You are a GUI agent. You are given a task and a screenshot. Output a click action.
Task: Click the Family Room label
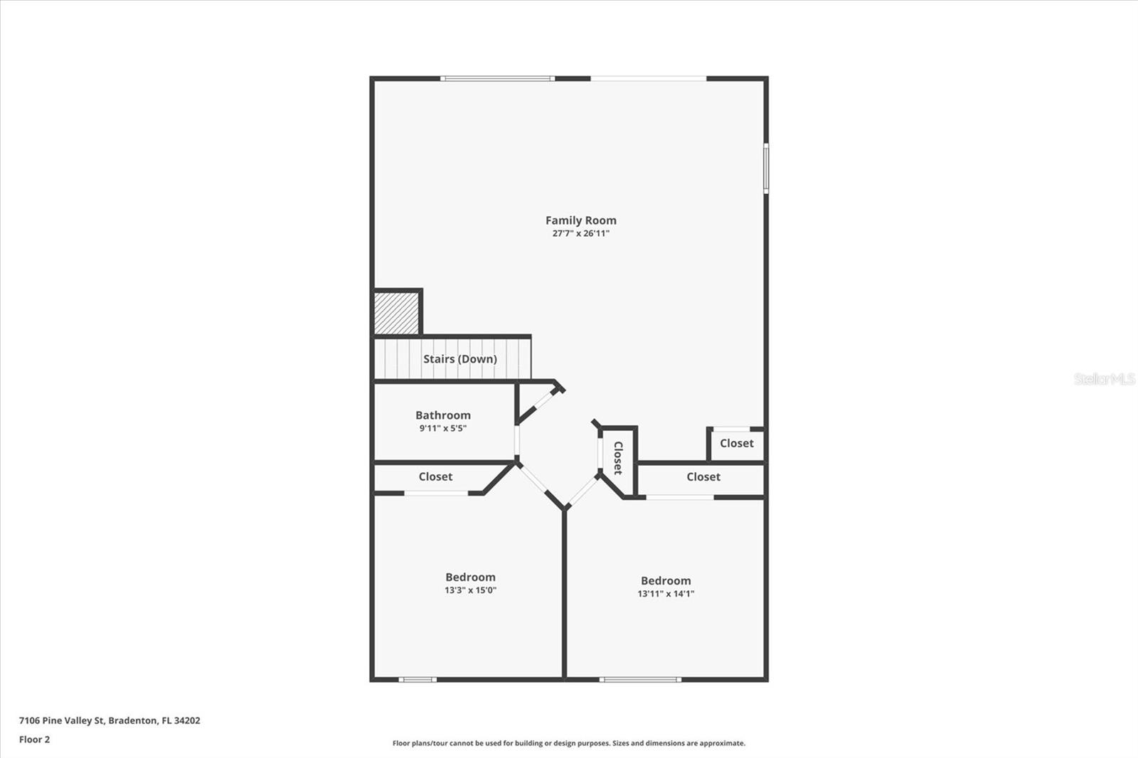pyautogui.click(x=580, y=220)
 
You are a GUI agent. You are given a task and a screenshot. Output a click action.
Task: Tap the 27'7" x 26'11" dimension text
pyautogui.click(x=580, y=233)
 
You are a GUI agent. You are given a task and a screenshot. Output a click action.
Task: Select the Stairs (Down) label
pyautogui.click(x=459, y=359)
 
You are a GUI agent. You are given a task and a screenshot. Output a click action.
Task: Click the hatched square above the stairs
pyautogui.click(x=396, y=314)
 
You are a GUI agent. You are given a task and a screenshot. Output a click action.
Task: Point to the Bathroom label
pyautogui.click(x=442, y=415)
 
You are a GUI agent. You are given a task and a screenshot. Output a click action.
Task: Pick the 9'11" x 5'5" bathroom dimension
pyautogui.click(x=442, y=428)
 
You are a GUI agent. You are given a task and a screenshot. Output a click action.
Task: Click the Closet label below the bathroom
pyautogui.click(x=435, y=476)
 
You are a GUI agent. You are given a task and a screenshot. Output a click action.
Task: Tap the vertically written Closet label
pyautogui.click(x=617, y=458)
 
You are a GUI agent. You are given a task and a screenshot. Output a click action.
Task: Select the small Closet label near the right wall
pyautogui.click(x=736, y=443)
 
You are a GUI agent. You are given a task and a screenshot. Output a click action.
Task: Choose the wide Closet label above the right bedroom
pyautogui.click(x=703, y=476)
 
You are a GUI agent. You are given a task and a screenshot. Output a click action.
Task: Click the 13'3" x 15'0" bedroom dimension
pyautogui.click(x=470, y=590)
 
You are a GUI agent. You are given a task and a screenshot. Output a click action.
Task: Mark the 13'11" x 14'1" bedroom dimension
pyautogui.click(x=665, y=594)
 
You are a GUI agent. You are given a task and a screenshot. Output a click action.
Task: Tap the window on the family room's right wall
pyautogui.click(x=766, y=168)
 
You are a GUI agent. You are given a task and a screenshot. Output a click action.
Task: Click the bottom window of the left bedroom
pyautogui.click(x=418, y=680)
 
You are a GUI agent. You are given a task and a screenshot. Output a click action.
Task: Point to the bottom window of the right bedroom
pyautogui.click(x=640, y=680)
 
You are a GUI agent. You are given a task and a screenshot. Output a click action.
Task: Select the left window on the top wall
pyautogui.click(x=497, y=78)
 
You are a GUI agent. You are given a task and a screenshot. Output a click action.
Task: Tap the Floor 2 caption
pyautogui.click(x=34, y=740)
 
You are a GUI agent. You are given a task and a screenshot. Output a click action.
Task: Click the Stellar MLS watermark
pyautogui.click(x=1104, y=379)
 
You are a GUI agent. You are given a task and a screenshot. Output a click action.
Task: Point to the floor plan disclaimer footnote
pyautogui.click(x=569, y=743)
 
